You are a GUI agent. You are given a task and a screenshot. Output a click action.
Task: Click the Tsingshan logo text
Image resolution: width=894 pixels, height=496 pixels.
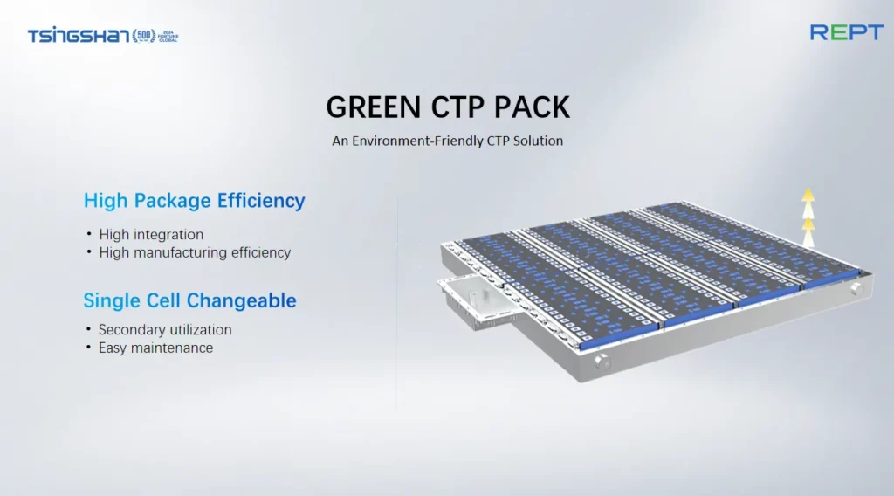(x=79, y=36)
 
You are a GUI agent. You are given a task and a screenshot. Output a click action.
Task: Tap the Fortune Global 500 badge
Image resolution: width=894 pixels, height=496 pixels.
(x=155, y=36)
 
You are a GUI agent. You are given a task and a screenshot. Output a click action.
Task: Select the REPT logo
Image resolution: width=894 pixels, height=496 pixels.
(x=847, y=32)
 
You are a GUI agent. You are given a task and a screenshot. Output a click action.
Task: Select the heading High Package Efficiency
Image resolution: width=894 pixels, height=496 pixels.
(x=195, y=201)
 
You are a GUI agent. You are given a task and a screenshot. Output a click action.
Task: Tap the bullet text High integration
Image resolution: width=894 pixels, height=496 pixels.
(x=151, y=234)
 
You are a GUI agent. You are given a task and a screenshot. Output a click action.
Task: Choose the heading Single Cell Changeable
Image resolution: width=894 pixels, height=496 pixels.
(x=189, y=300)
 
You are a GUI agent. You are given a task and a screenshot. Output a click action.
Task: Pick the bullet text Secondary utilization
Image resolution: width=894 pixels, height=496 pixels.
(x=165, y=329)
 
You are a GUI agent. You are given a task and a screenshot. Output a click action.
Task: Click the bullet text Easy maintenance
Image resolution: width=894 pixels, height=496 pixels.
(x=155, y=348)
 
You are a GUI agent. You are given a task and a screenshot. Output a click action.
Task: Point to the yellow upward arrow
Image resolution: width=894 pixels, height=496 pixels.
(x=808, y=217)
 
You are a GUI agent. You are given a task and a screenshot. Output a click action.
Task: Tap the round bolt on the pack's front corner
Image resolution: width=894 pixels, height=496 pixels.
(x=601, y=362)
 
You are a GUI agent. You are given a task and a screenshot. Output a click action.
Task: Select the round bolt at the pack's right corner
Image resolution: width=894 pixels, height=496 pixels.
(x=856, y=288)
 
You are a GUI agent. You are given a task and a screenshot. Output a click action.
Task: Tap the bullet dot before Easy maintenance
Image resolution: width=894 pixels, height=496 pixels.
(x=88, y=347)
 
